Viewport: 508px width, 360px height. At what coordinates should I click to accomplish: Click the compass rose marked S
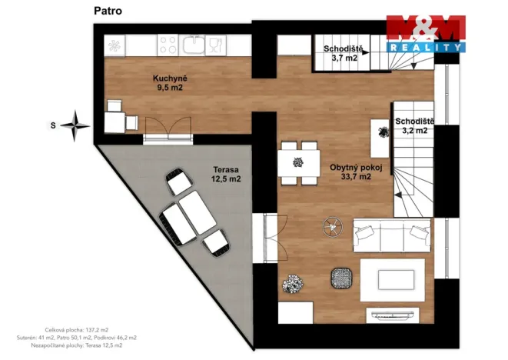pyautogui.click(x=75, y=124)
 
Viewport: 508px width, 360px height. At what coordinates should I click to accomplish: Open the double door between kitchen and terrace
pyautogui.click(x=163, y=132)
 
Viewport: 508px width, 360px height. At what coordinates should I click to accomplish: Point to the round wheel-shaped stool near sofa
pyautogui.click(x=333, y=226)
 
